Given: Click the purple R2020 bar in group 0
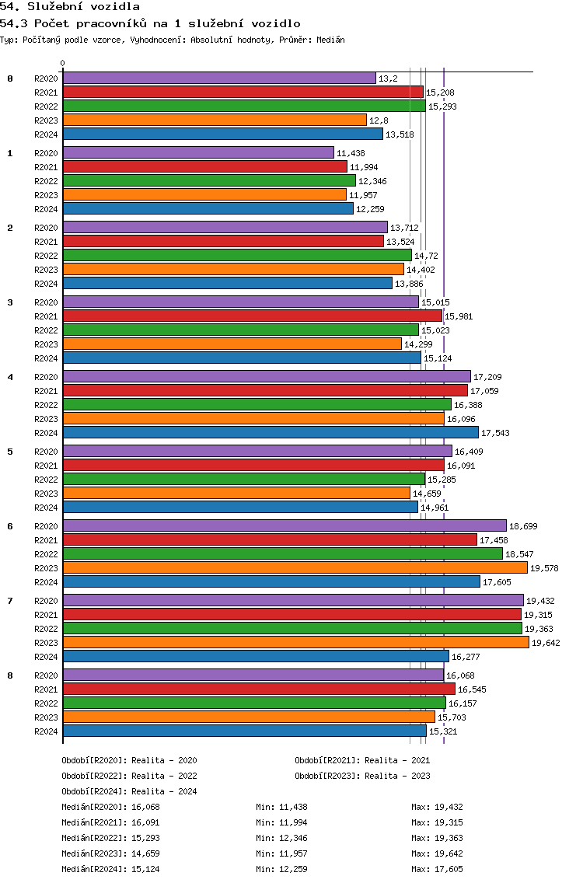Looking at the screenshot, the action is (x=219, y=79).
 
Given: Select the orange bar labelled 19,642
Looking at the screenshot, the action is (x=295, y=643).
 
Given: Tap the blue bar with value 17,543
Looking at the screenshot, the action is (x=271, y=432).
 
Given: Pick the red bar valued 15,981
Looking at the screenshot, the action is (x=253, y=316).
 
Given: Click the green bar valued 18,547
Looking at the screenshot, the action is (x=283, y=553).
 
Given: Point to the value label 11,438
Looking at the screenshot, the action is (x=351, y=153).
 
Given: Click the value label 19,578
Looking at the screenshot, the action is (x=545, y=568).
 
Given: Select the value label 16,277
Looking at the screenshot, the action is (x=466, y=657).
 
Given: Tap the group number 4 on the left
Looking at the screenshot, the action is (x=10, y=377).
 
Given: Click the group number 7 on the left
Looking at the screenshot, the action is (x=10, y=601).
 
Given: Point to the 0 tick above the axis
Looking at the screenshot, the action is (x=62, y=63).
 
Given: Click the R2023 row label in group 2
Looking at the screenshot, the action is (x=46, y=270).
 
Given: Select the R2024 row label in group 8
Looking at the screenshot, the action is (x=46, y=731).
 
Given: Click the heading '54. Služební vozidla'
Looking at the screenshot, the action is (x=70, y=7).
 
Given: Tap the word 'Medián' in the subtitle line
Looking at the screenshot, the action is (x=330, y=40).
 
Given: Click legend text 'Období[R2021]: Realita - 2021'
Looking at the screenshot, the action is (x=362, y=760).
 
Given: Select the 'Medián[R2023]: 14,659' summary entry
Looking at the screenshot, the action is (x=110, y=853).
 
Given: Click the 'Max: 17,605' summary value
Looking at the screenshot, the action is (x=437, y=869).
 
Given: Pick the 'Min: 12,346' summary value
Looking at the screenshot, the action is (x=281, y=838).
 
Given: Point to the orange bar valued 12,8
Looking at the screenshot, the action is (x=215, y=120).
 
